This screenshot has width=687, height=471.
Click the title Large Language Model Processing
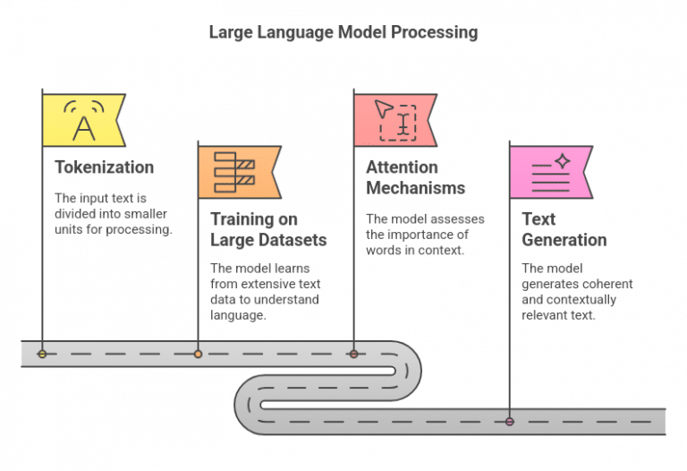pyautogui.click(x=343, y=32)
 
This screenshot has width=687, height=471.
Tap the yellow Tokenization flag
pyautogui.click(x=82, y=120)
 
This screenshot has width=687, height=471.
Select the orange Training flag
pyautogui.click(x=237, y=172)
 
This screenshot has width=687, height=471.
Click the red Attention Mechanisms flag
pyautogui.click(x=394, y=120)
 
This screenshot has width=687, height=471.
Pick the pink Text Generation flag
pyautogui.click(x=548, y=172)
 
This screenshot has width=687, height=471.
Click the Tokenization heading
pyautogui.click(x=104, y=167)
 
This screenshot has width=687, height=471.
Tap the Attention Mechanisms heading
pyautogui.click(x=415, y=177)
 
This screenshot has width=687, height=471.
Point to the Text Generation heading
pyautogui.click(x=564, y=229)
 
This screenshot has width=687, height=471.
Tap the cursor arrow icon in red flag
pyautogui.click(x=383, y=109)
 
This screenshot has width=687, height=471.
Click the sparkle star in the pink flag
pyautogui.click(x=562, y=161)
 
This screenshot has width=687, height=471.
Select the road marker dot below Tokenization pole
pyautogui.click(x=42, y=355)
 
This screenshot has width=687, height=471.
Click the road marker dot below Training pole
pyautogui.click(x=198, y=355)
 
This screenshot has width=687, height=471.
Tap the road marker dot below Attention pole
pyautogui.click(x=353, y=355)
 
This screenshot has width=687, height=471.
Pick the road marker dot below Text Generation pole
pyautogui.click(x=509, y=421)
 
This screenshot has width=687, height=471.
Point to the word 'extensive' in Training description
pyautogui.click(x=275, y=284)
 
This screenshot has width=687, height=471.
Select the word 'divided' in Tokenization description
pyautogui.click(x=73, y=214)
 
